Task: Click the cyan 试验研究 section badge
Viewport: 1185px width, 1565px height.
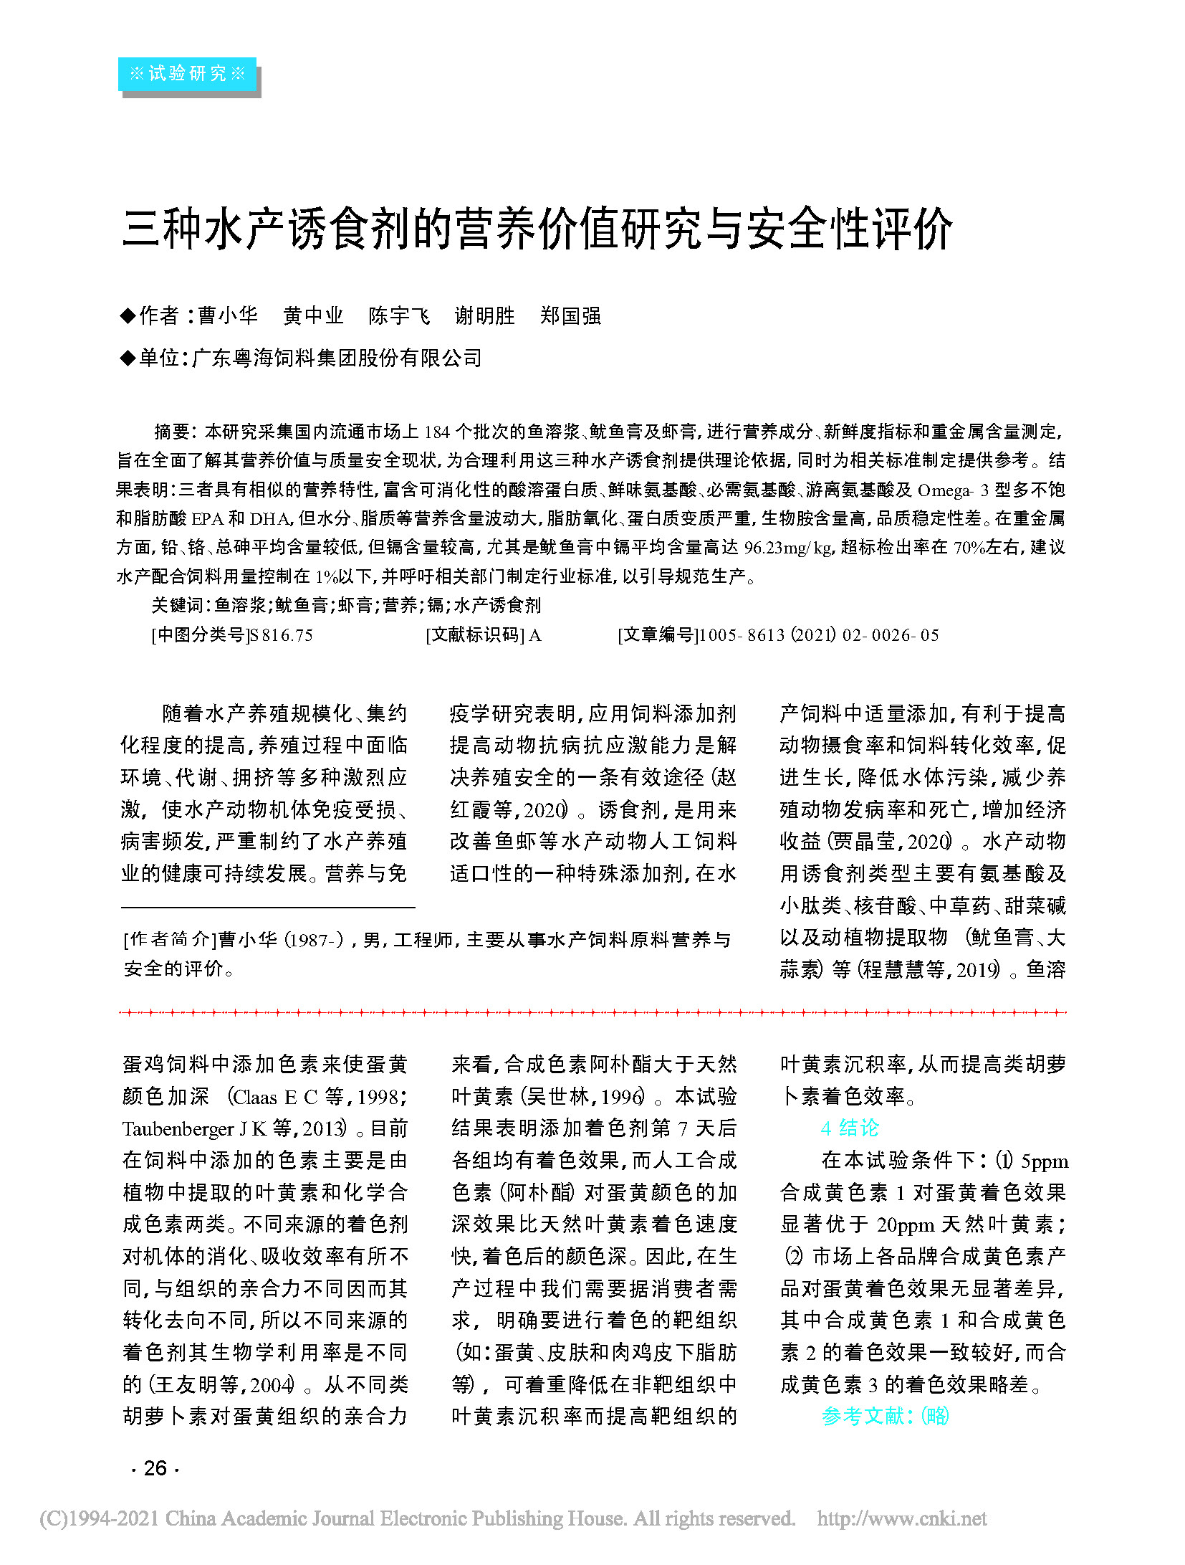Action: click(187, 73)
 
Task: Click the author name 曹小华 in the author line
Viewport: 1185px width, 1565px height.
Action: click(228, 315)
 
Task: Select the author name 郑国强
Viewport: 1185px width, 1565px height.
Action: click(570, 315)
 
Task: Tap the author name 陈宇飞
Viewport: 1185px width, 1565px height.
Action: click(399, 315)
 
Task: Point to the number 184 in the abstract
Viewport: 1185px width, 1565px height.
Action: click(436, 432)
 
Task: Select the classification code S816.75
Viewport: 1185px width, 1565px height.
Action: click(279, 635)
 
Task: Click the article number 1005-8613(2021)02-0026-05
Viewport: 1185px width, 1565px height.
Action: click(818, 635)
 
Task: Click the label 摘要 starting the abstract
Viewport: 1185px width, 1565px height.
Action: click(172, 432)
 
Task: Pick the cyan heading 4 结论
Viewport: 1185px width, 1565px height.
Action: click(849, 1128)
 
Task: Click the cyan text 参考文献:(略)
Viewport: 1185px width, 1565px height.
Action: click(885, 1416)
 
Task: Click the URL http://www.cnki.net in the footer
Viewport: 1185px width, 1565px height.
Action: click(901, 1518)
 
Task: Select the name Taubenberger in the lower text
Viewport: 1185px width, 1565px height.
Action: click(178, 1129)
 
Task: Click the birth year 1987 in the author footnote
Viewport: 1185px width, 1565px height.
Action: click(308, 940)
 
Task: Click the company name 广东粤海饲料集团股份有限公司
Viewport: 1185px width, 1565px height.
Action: click(337, 358)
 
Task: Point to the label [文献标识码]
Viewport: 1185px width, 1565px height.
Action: click(475, 635)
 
